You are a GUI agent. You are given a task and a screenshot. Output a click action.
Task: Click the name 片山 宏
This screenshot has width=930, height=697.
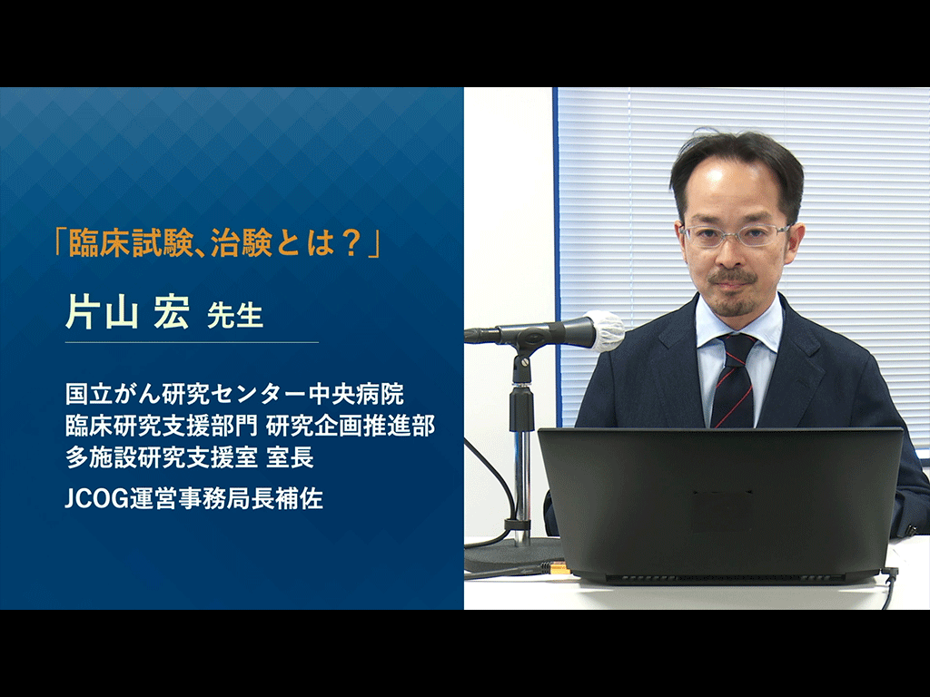click(127, 312)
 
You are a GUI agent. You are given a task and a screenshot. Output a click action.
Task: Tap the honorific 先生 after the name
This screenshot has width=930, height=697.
click(235, 317)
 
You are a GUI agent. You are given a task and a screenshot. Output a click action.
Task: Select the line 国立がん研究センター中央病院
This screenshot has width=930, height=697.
click(235, 394)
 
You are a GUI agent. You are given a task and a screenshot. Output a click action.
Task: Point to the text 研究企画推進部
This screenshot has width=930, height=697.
click(351, 426)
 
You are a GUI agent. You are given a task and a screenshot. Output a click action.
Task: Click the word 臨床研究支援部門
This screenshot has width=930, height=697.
click(162, 426)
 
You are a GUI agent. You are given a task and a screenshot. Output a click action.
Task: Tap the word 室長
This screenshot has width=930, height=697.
click(290, 457)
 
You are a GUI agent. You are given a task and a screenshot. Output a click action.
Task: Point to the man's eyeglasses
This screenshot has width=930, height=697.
click(736, 235)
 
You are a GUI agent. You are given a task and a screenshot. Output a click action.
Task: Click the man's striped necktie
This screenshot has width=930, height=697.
click(734, 380)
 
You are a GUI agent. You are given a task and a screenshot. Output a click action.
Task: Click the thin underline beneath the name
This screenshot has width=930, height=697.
click(192, 342)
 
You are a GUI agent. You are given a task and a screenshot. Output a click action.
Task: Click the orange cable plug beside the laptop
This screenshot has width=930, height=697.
click(560, 569)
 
